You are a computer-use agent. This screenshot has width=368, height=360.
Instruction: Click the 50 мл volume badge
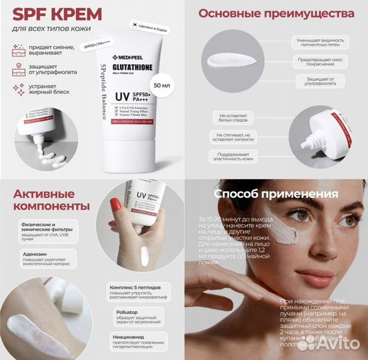(161, 86)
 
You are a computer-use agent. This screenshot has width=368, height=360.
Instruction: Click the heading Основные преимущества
(276, 15)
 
